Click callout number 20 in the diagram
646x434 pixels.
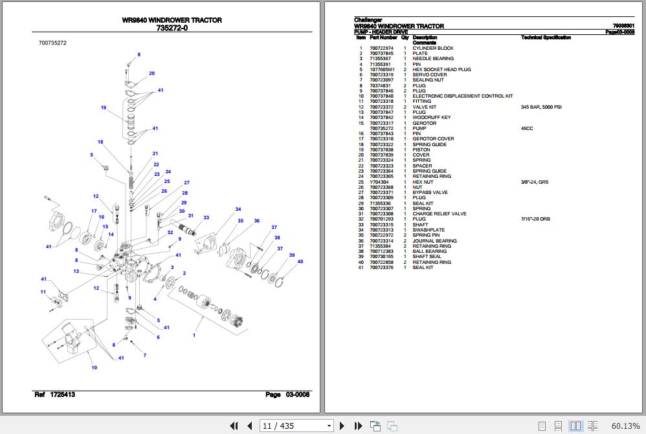[x=151, y=73]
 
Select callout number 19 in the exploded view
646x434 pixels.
[x=103, y=107]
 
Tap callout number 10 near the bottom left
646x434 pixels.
[x=94, y=367]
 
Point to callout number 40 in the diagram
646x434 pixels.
[x=300, y=261]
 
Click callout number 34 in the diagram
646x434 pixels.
[x=238, y=209]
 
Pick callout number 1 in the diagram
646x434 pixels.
[x=194, y=335]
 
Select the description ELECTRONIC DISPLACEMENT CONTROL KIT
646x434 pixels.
[x=462, y=96]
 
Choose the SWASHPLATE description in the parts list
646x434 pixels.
[x=429, y=230]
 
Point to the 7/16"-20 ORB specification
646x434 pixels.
[x=535, y=219]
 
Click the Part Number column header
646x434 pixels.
[x=383, y=38]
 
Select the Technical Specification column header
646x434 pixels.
[x=546, y=38]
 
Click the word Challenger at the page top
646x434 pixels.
[x=368, y=20]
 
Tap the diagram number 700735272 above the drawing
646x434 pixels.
[x=52, y=43]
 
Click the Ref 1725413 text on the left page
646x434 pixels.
[x=54, y=395]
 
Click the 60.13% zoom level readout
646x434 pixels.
[x=625, y=426]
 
